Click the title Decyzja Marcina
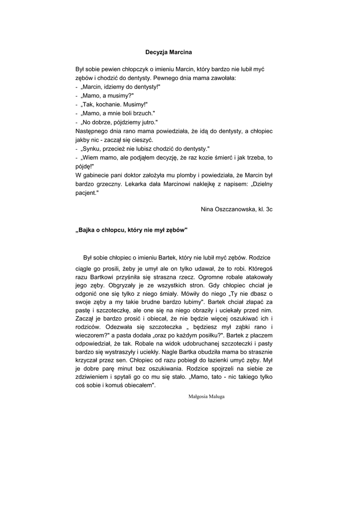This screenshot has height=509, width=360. pos(168,52)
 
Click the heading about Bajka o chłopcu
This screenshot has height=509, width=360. pos(131,230)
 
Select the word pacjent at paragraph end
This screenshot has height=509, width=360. pos(87,193)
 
